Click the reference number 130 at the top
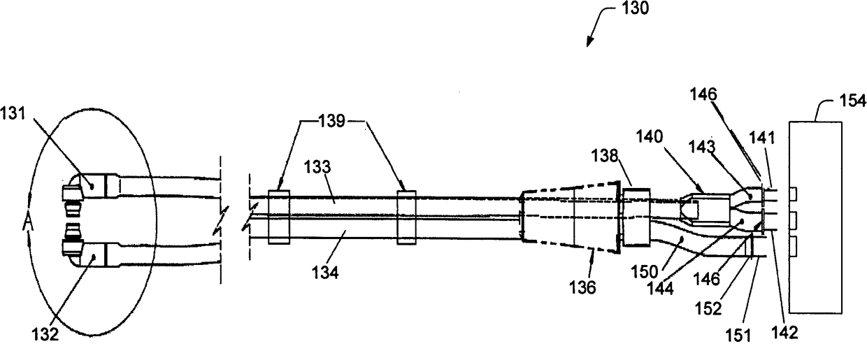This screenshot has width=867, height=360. click(x=634, y=8)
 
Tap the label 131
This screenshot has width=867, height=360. click(x=13, y=114)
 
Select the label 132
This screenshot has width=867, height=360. click(x=45, y=334)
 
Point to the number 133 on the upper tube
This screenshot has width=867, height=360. click(x=317, y=167)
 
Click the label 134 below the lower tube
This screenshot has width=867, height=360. click(x=325, y=273)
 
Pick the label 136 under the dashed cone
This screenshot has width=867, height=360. click(x=582, y=287)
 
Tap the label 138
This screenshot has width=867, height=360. click(x=604, y=156)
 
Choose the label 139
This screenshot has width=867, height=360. click(x=331, y=121)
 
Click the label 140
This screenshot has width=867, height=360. click(x=650, y=136)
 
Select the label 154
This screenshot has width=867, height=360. click(x=852, y=101)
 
